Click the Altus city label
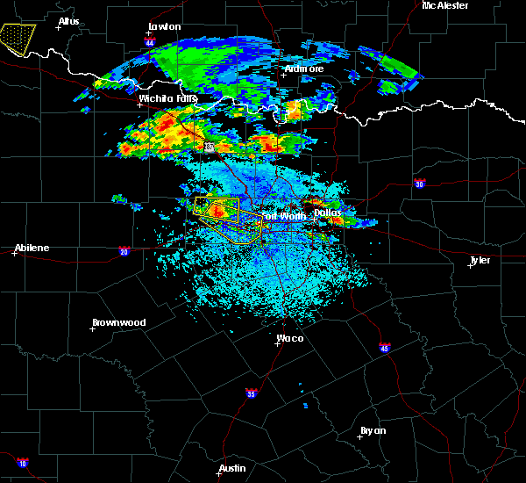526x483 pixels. pos(68,20)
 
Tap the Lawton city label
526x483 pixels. pos(164,26)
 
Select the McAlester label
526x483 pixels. pos(444,5)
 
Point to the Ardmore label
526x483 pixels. pos(303,68)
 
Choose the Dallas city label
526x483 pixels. pos(328,213)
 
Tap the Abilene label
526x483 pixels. pos(31,248)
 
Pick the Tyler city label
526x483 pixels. pos(480,260)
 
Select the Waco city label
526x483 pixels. pos(290,338)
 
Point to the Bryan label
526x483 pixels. pos(373,430)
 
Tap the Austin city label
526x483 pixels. pos(232,468)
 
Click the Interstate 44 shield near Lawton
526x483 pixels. pos(150,41)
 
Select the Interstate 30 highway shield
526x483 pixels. pos(419,184)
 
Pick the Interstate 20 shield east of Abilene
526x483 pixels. pos(123,251)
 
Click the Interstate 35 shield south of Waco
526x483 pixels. pos(252,393)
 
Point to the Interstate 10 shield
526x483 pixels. pos(23,463)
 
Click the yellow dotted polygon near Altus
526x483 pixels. pos(17,38)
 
